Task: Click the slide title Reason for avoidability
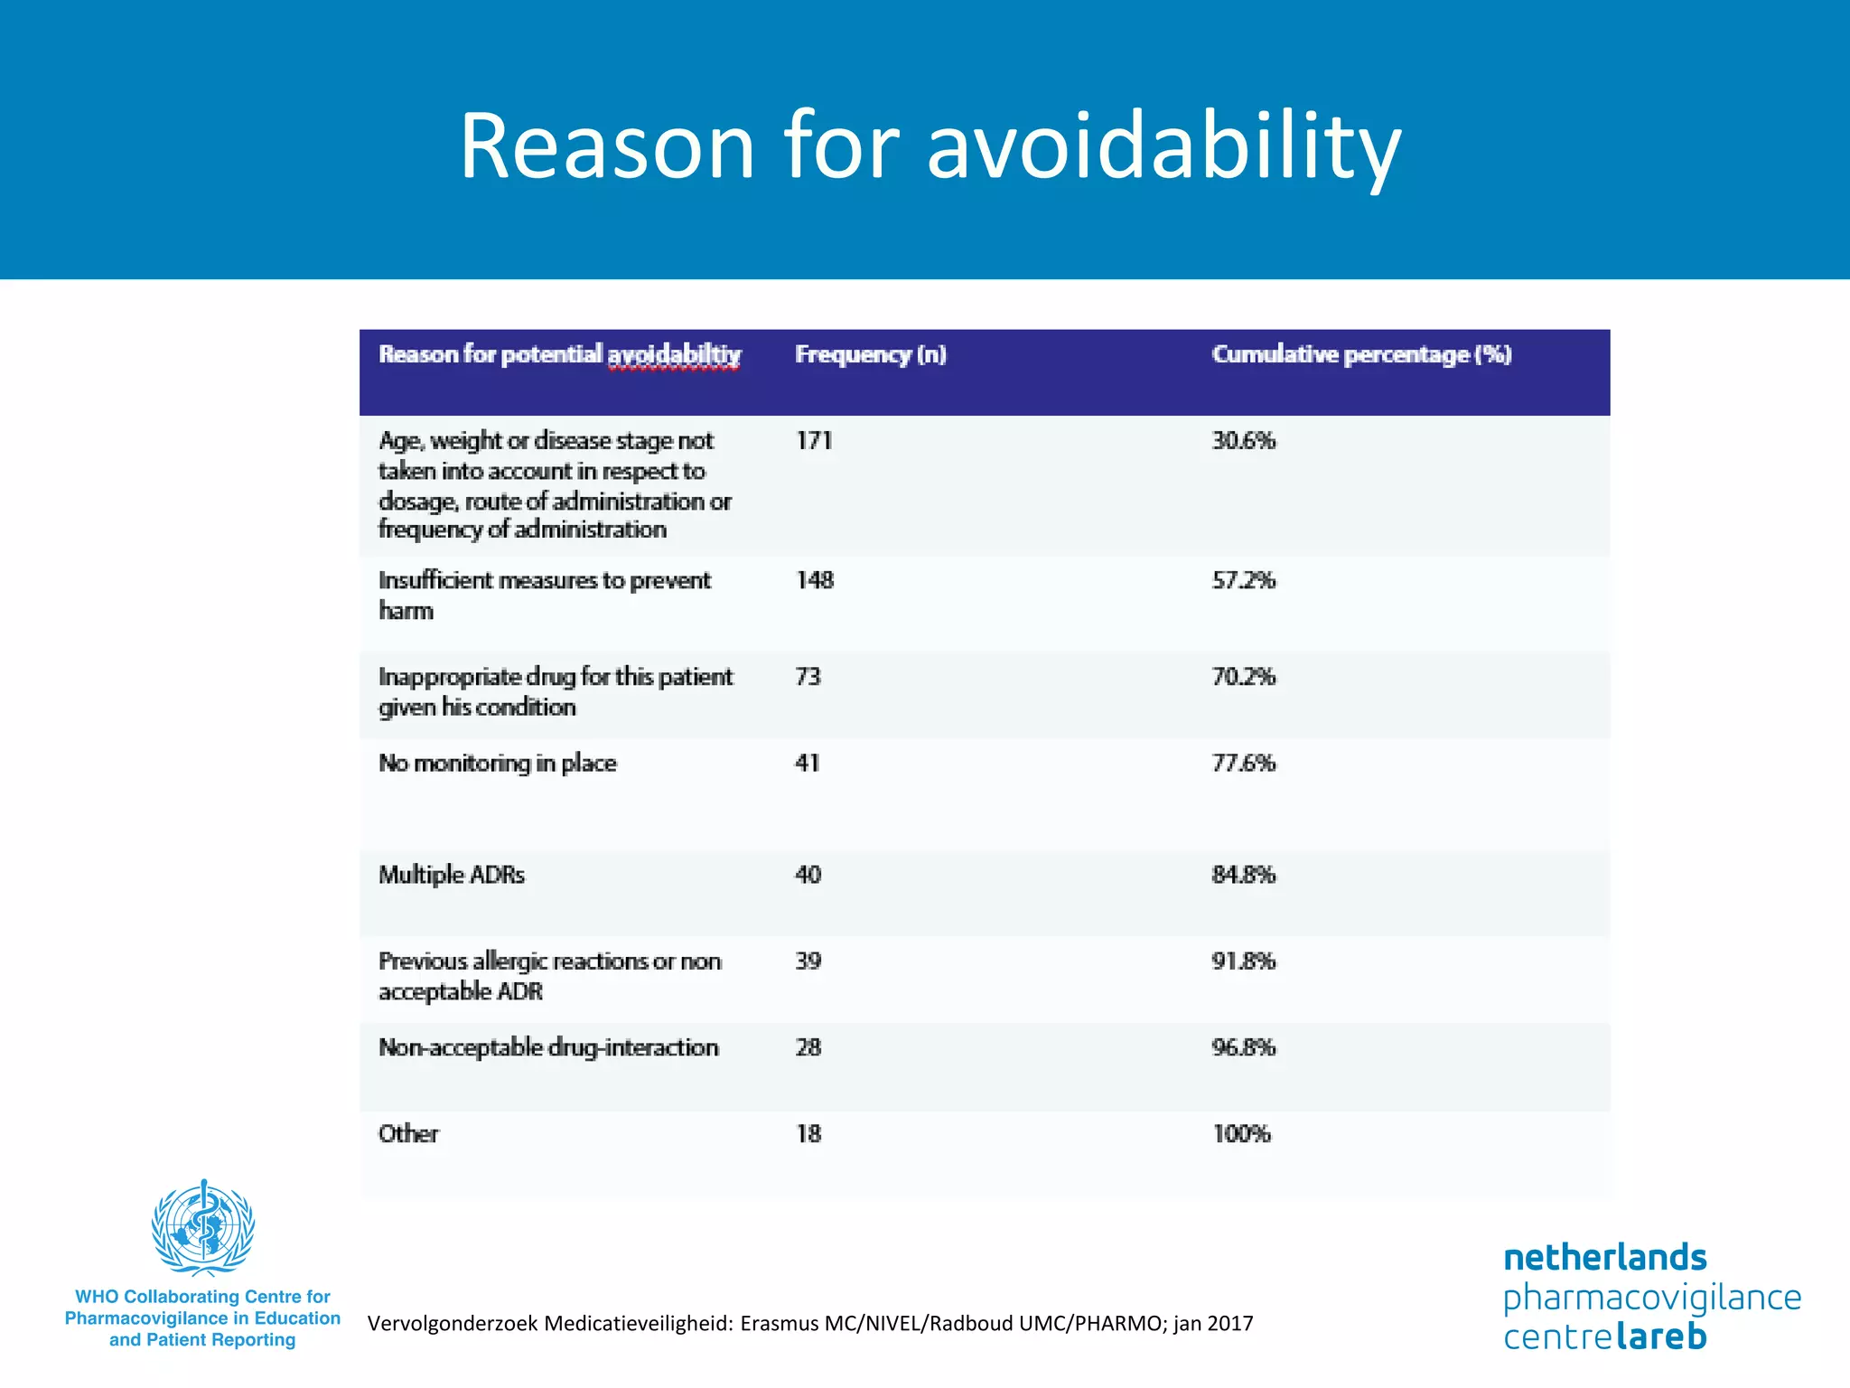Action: (930, 146)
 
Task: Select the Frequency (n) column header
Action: (870, 354)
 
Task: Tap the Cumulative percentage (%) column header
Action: (1361, 354)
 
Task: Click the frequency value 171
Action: (814, 441)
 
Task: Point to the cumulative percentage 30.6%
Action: (1243, 441)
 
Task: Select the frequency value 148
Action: (814, 580)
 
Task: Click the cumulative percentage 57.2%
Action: (1243, 580)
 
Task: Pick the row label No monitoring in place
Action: (497, 764)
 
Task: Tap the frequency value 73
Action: (808, 677)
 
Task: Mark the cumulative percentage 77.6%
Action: (1243, 764)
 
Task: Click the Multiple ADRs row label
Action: (451, 875)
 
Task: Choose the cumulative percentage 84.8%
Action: (1243, 875)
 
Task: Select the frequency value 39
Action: (808, 961)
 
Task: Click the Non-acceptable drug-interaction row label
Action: (548, 1047)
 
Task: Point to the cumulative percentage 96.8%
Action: (1243, 1047)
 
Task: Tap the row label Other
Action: (408, 1134)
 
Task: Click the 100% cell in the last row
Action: (1241, 1134)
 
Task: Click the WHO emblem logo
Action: (203, 1227)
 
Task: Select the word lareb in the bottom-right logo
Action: (1661, 1336)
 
